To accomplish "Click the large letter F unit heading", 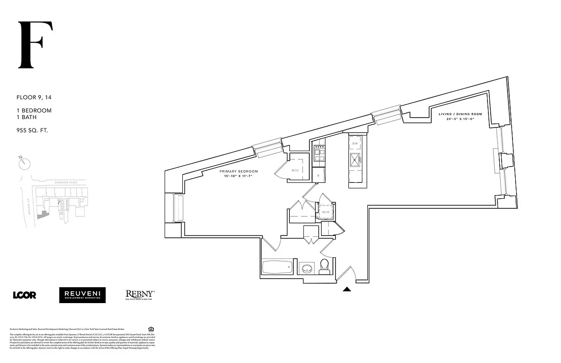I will tap(35, 45).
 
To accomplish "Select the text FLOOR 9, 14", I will tap(34, 97).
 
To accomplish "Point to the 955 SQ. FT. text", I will tap(32, 130).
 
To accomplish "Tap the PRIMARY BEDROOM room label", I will tap(239, 172).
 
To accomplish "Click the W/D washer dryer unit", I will tap(326, 212).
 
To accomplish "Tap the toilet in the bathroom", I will tap(324, 266).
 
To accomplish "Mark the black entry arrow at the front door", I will tap(347, 289).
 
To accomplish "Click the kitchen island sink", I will tap(355, 159).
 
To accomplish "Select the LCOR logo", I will tap(24, 295).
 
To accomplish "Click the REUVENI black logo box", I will tap(82, 295).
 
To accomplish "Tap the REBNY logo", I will tap(140, 295).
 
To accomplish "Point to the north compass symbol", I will tap(24, 162).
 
